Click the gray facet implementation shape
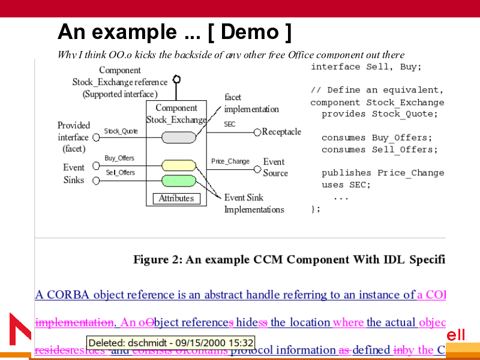(x=179, y=137)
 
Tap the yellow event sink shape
(x=179, y=165)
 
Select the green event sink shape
(x=179, y=180)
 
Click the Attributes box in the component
(x=176, y=198)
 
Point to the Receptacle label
(x=281, y=132)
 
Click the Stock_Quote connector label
(x=121, y=131)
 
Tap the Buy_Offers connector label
(x=119, y=158)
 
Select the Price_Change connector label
(x=230, y=161)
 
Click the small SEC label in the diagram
(x=230, y=124)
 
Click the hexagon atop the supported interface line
(x=176, y=79)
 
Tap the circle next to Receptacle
(x=257, y=132)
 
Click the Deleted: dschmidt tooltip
(x=171, y=343)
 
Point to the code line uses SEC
(x=346, y=185)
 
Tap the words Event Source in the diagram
(x=275, y=167)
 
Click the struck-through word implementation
(x=74, y=322)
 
